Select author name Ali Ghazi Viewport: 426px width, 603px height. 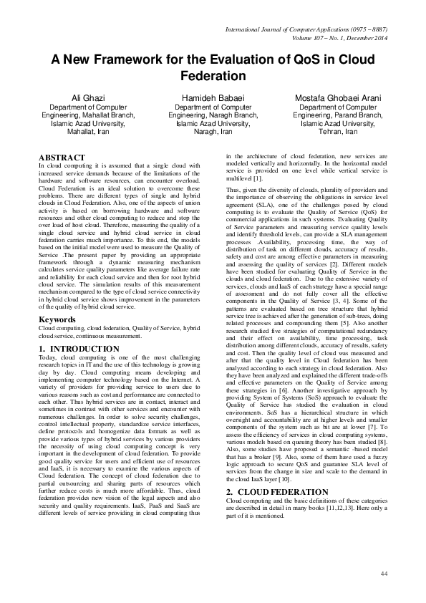pyautogui.click(x=85, y=97)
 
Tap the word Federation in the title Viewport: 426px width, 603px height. pyautogui.click(x=213, y=76)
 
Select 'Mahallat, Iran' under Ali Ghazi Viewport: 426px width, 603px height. pyautogui.click(x=85, y=132)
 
